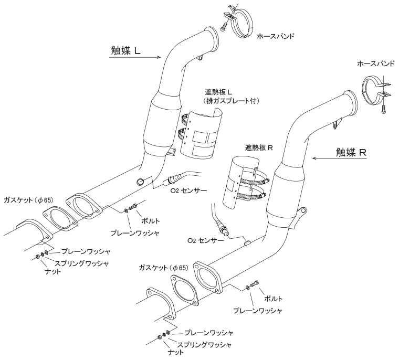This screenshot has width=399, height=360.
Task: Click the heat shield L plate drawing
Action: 201,136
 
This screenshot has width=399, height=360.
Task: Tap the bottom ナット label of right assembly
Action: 176,352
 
